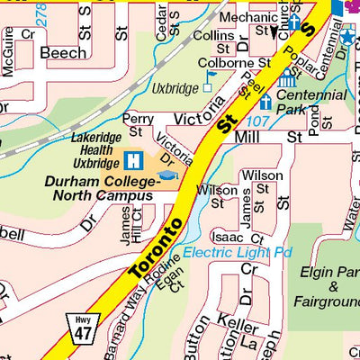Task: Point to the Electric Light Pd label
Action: click(238, 253)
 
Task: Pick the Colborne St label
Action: click(238, 64)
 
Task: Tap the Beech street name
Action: click(63, 54)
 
